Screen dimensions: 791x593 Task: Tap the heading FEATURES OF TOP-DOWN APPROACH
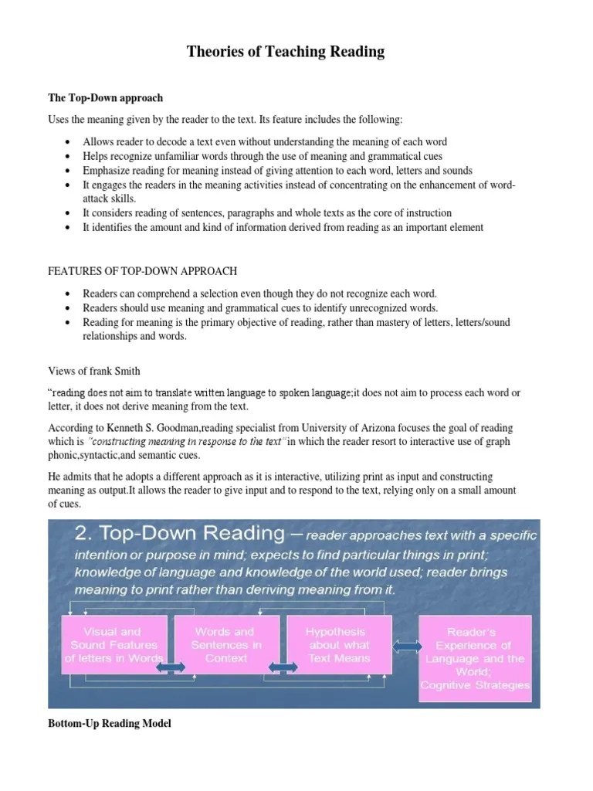tap(142, 271)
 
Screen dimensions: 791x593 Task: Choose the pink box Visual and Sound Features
tap(114, 646)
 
